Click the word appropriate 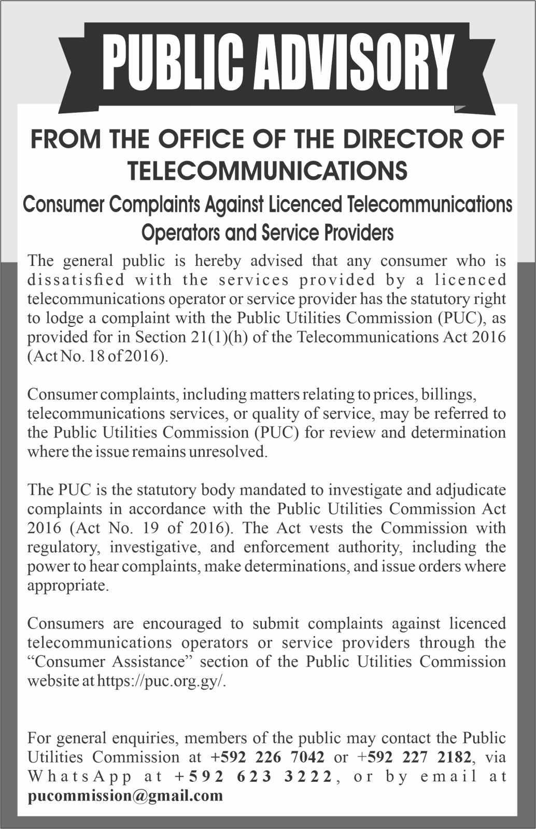67,586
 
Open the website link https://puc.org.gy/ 162,681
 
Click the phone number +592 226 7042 267,757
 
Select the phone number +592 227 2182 414,757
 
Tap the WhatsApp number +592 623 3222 253,776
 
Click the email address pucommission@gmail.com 125,795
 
